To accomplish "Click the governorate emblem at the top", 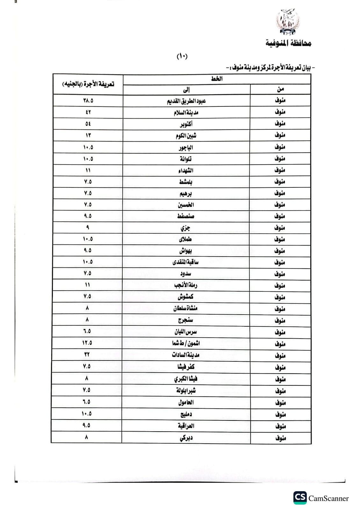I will (x=289, y=22).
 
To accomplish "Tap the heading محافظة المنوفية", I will (x=288, y=43).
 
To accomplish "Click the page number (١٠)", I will (x=182, y=56).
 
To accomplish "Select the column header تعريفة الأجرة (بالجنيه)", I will (x=88, y=84).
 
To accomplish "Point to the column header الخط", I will (x=217, y=79).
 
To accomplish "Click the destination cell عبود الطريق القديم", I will (x=186, y=101).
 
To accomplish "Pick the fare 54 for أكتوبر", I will (x=88, y=124).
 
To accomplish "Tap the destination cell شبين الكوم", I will (x=186, y=135).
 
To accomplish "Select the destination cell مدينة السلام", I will (x=186, y=113).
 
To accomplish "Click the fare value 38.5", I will (x=88, y=101).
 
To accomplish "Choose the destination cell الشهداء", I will (x=186, y=170).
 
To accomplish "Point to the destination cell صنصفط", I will (x=186, y=216).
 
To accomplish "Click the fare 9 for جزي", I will (x=88, y=228).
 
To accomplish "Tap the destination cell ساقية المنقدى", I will (x=185, y=262).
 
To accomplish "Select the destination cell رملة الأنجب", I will (x=185, y=285).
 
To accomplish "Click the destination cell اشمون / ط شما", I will (x=186, y=343).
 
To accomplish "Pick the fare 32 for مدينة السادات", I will (x=87, y=354).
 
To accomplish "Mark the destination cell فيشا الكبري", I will (x=186, y=379).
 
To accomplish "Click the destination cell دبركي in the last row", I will (x=186, y=438).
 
